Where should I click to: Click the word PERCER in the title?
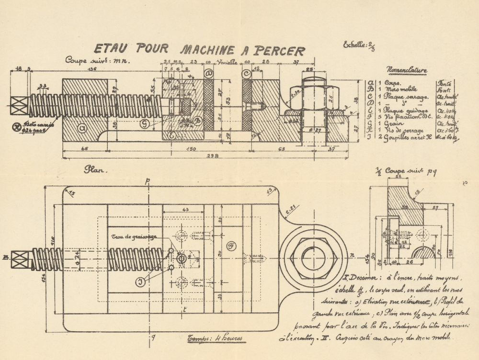(279, 50)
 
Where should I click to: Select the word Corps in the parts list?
(392, 82)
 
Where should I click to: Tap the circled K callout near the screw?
(17, 127)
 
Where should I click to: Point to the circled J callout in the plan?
(140, 282)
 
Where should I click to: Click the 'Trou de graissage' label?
(131, 237)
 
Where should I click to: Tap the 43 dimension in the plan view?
(185, 209)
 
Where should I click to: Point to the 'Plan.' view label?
(96, 169)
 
